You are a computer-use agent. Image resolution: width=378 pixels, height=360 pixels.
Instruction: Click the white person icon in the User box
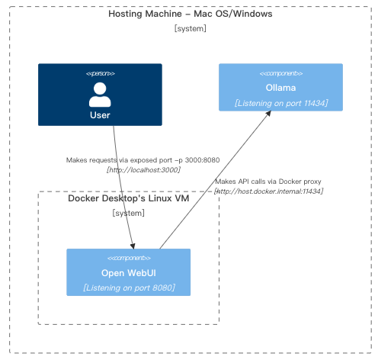click(100, 95)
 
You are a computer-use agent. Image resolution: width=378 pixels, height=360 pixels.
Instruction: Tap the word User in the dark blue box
click(100, 115)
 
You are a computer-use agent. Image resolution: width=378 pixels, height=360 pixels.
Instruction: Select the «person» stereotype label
click(100, 73)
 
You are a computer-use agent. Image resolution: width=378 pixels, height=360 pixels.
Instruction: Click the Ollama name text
click(280, 88)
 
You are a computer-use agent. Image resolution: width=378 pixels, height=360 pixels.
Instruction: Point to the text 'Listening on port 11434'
click(280, 102)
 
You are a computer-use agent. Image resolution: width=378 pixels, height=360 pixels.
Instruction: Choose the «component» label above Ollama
click(280, 73)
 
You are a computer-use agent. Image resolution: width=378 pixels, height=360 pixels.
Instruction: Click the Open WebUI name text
click(128, 273)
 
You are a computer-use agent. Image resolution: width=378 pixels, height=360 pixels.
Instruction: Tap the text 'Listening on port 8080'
click(128, 288)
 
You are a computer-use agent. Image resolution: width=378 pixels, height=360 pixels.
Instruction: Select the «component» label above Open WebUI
click(128, 259)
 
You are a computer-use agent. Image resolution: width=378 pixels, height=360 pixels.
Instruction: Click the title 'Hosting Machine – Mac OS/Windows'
click(190, 14)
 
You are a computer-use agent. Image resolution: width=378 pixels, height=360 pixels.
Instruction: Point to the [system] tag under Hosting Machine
click(190, 29)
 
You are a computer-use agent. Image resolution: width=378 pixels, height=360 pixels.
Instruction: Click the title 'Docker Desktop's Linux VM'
click(128, 199)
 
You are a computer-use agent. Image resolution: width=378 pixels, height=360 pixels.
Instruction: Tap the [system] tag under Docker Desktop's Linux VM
click(128, 214)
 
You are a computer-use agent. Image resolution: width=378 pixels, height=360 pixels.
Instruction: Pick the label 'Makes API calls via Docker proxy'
click(268, 182)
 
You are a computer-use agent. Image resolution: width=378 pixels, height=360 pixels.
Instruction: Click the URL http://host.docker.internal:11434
click(268, 191)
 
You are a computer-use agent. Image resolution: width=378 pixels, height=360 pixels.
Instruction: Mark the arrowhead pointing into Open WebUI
click(134, 245)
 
